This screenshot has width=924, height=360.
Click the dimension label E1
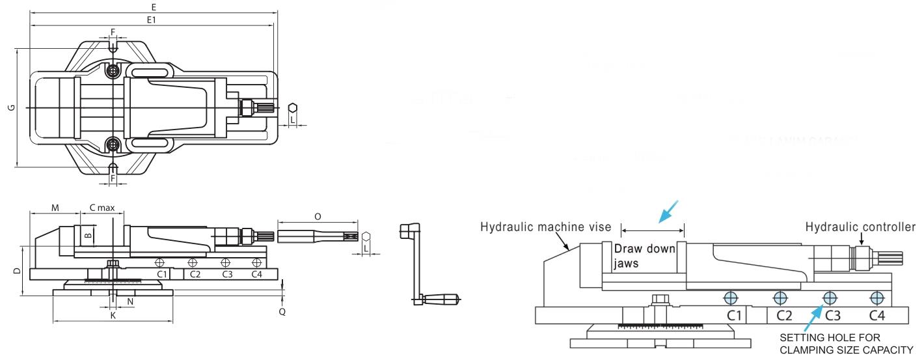click(151, 20)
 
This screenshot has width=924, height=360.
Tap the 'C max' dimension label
click(102, 208)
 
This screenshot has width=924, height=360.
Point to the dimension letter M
click(55, 208)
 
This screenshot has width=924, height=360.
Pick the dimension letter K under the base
click(113, 315)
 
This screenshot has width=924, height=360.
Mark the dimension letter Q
click(282, 311)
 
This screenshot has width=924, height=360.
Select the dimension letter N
click(130, 302)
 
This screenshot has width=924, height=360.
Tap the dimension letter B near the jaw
click(89, 232)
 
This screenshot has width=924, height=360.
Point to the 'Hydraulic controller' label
click(860, 227)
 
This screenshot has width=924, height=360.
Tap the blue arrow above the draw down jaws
click(668, 211)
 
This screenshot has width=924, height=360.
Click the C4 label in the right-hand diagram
click(877, 316)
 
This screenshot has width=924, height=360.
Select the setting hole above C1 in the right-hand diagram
click(731, 298)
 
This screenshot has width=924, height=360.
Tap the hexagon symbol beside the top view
click(293, 107)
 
